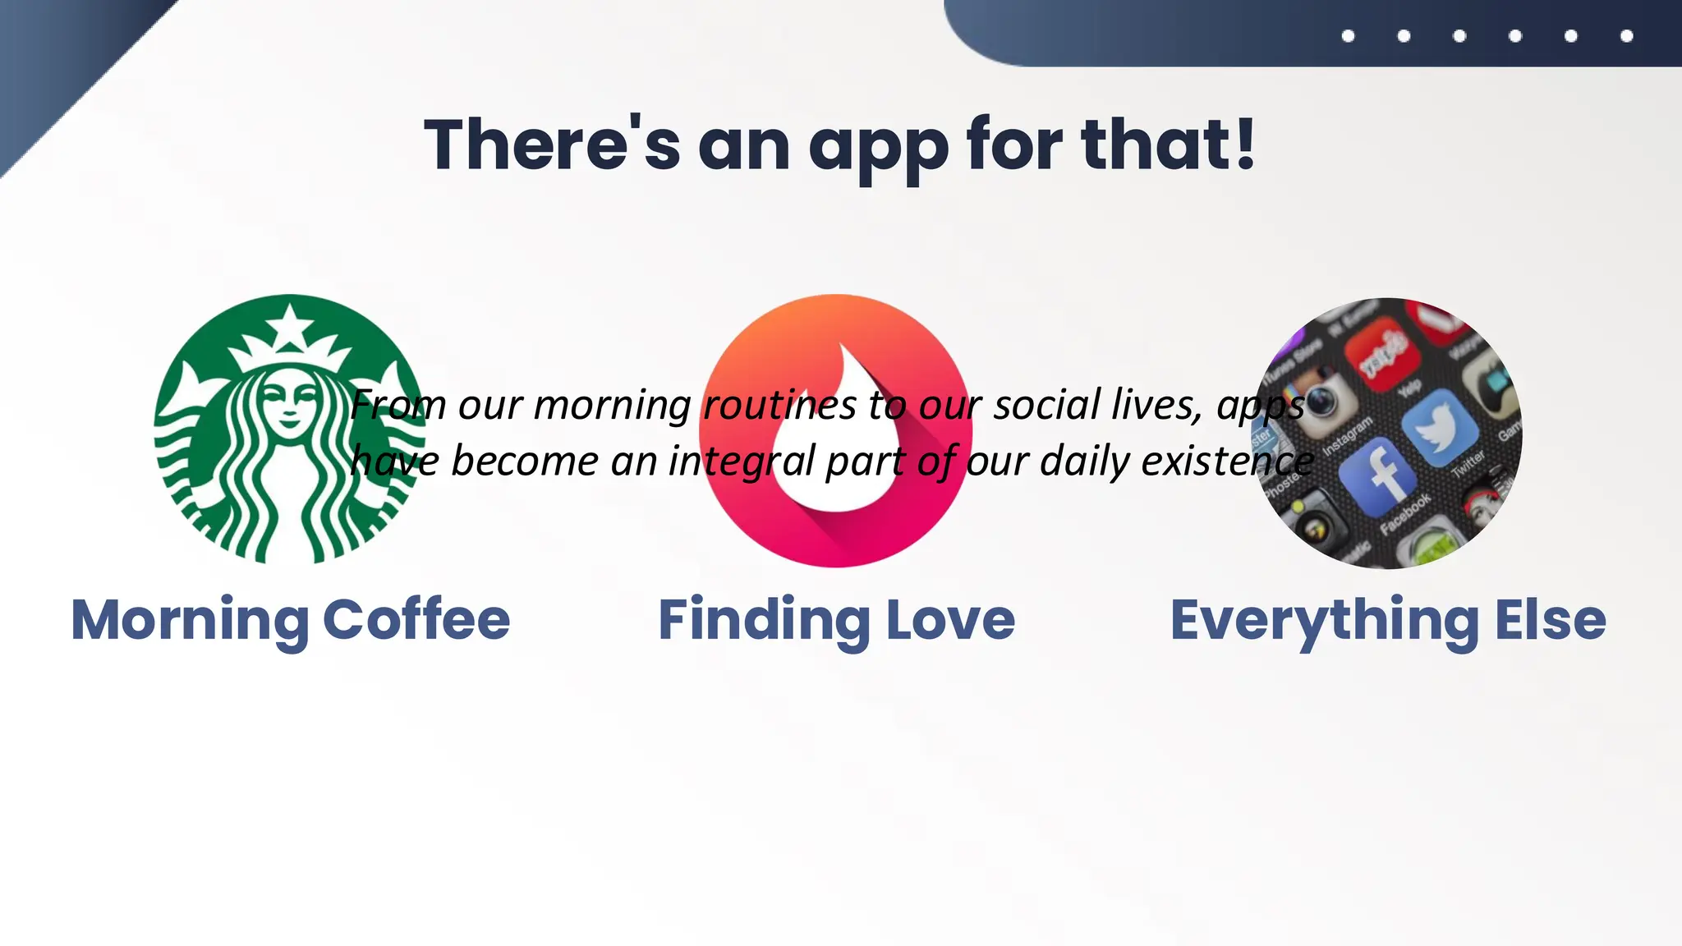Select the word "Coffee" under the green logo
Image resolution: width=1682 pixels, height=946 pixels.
[x=416, y=619]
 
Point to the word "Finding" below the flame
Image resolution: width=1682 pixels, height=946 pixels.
[x=764, y=621]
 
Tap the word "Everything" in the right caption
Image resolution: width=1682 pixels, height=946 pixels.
[x=1324, y=621]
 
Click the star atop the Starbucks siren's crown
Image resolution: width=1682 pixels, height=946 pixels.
[x=289, y=323]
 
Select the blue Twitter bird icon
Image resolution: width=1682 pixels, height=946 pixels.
[x=1439, y=426]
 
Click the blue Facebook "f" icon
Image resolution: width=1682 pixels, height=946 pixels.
[x=1379, y=475]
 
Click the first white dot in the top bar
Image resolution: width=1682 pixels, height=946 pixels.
[x=1348, y=35]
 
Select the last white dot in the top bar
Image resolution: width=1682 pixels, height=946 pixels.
[x=1626, y=35]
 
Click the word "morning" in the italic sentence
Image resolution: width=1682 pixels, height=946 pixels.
[x=612, y=405]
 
